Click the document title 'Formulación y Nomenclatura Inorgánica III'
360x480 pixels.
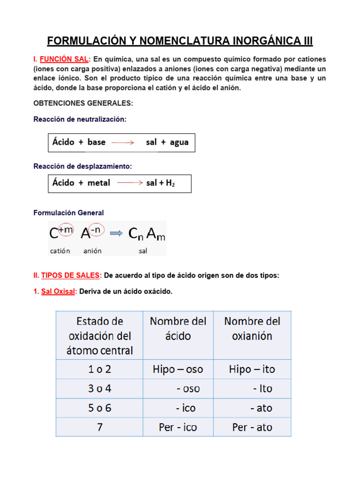pyautogui.click(x=180, y=41)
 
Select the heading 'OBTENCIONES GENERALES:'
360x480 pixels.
pyautogui.click(x=83, y=103)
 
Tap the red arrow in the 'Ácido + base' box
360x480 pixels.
pyautogui.click(x=123, y=142)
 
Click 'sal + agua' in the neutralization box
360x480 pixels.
pyautogui.click(x=167, y=142)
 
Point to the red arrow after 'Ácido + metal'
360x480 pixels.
pyautogui.click(x=129, y=183)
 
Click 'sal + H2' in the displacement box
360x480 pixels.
pyautogui.click(x=160, y=183)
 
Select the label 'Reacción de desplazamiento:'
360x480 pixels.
pyautogui.click(x=82, y=166)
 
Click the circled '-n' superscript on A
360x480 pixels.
pyautogui.click(x=96, y=229)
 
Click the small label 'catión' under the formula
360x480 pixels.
pyautogui.click(x=60, y=251)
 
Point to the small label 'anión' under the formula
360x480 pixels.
pyautogui.click(x=92, y=251)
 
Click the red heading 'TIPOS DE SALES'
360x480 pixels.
pyautogui.click(x=71, y=276)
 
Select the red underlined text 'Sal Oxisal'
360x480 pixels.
pyautogui.click(x=58, y=292)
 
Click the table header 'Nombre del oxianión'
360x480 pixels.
pyautogui.click(x=252, y=329)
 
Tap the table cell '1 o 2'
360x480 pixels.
pyautogui.click(x=99, y=369)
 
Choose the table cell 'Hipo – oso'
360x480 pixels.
pyautogui.click(x=178, y=369)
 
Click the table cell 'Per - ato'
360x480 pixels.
pyautogui.click(x=252, y=427)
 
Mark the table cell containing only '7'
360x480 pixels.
pyautogui.click(x=99, y=427)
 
